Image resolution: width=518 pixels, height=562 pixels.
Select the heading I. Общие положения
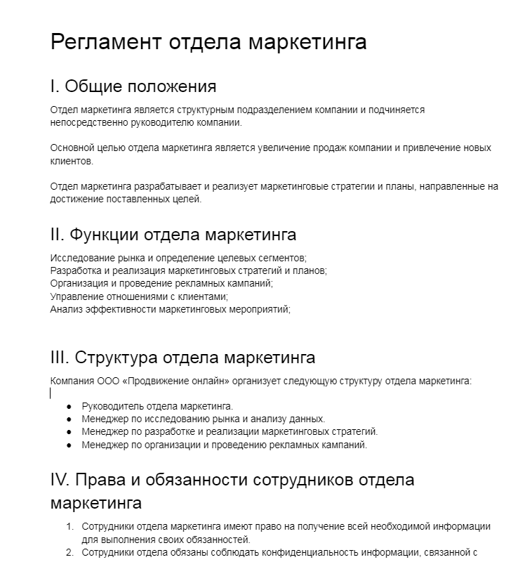[x=133, y=86]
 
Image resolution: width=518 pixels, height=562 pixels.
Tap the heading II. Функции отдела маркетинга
[x=173, y=235]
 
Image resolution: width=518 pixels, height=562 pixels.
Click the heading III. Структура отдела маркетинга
[x=182, y=358]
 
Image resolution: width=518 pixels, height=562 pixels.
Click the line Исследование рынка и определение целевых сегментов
[x=178, y=258]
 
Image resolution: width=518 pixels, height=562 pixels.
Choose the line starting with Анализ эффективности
[x=170, y=308]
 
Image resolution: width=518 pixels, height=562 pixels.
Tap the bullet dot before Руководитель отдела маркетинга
[x=69, y=407]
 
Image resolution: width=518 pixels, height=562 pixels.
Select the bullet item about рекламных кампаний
[x=224, y=445]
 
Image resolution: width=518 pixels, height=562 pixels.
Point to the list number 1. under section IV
[x=69, y=527]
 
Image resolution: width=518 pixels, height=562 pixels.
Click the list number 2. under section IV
[x=69, y=552]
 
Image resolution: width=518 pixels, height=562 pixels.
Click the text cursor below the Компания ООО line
[x=51, y=393]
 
